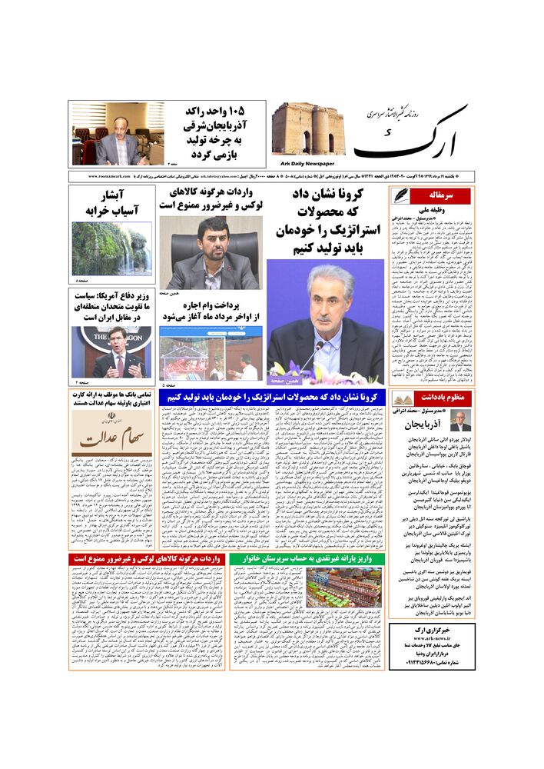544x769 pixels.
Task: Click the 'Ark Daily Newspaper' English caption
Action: click(305, 164)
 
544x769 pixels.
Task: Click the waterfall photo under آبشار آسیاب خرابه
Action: click(111, 249)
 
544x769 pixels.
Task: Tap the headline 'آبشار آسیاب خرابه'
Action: click(112, 202)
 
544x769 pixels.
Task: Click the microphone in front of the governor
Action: click(317, 354)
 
